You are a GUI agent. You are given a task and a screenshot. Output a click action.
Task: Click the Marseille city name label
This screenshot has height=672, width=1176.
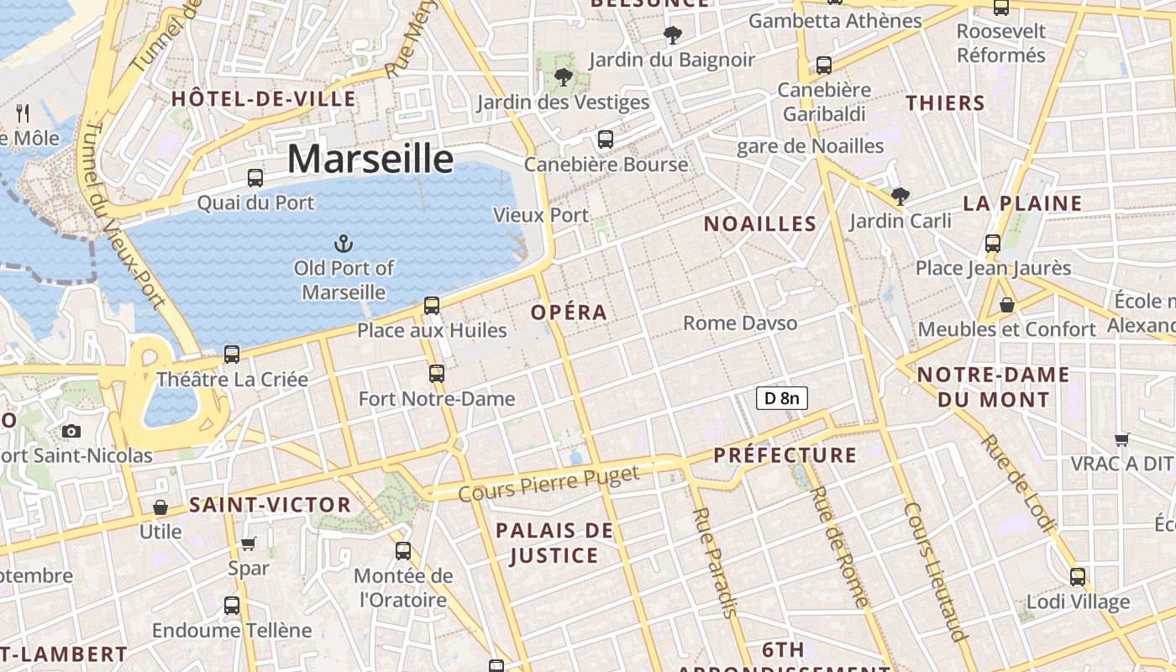point(370,159)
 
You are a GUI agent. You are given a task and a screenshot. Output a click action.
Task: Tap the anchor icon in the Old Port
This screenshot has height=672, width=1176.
point(343,244)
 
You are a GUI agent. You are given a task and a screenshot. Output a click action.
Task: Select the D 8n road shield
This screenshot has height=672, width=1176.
point(782,398)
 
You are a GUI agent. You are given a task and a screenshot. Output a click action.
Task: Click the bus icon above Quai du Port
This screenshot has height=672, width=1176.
point(255,178)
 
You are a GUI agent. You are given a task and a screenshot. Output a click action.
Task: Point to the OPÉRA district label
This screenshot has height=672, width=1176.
point(569,312)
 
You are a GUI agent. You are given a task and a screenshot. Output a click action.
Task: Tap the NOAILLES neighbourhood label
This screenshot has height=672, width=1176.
point(760,223)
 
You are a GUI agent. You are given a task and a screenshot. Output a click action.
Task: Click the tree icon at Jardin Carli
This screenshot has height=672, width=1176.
point(900,197)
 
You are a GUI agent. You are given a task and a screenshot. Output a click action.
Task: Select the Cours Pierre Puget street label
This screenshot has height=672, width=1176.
point(549,484)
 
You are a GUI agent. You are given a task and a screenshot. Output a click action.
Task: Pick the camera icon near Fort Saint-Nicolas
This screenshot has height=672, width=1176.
point(71,431)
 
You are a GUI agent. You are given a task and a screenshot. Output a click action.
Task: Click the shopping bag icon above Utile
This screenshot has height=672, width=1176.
point(160,507)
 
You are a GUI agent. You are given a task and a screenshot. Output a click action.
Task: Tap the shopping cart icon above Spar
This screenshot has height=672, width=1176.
point(249,543)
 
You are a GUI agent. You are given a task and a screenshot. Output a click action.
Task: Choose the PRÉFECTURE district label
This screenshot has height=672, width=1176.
point(785,455)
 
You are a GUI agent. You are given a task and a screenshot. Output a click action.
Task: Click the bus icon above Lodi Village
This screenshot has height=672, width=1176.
point(1078,577)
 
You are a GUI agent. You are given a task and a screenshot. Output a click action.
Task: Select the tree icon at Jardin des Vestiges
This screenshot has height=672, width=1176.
point(563,78)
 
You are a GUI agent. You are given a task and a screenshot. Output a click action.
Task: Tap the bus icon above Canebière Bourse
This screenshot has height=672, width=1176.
point(605,139)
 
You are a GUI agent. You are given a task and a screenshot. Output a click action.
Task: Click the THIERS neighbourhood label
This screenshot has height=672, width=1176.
point(945,103)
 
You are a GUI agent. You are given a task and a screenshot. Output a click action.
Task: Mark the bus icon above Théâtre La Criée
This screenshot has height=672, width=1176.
point(232,354)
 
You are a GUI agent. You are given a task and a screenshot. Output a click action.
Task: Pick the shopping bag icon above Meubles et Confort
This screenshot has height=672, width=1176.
point(1006,304)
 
